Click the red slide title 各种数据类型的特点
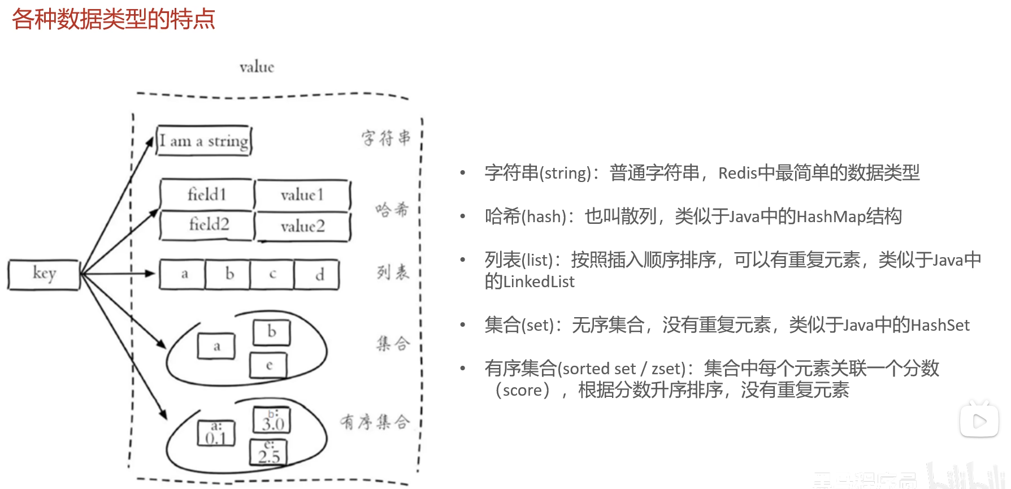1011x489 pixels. pos(114,19)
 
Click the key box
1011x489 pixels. pos(44,275)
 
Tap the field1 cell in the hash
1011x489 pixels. pos(207,195)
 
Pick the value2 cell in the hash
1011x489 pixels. pos(303,227)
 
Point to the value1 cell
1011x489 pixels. pos(302,195)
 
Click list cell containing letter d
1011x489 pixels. pos(319,275)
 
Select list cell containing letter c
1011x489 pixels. pos(272,275)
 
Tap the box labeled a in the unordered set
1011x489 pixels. pos(216,346)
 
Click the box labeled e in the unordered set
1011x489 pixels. pos(269,365)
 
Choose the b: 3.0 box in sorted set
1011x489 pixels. pos(272,421)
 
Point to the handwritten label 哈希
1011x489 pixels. pos(392,210)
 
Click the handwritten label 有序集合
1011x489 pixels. pos(375,422)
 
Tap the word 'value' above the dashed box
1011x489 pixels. pos(257,67)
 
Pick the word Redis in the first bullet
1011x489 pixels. pos(737,173)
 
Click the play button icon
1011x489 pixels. pos(979,421)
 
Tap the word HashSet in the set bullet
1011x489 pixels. pos(940,325)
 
